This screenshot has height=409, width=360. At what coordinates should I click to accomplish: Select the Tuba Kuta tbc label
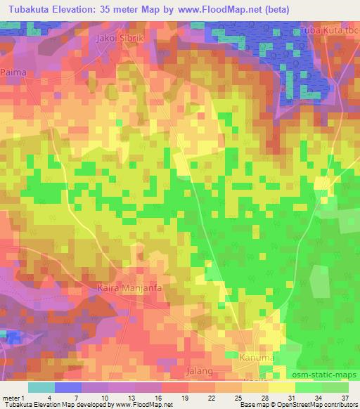click(329, 30)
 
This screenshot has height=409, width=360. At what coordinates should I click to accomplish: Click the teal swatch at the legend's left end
click(41, 387)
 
